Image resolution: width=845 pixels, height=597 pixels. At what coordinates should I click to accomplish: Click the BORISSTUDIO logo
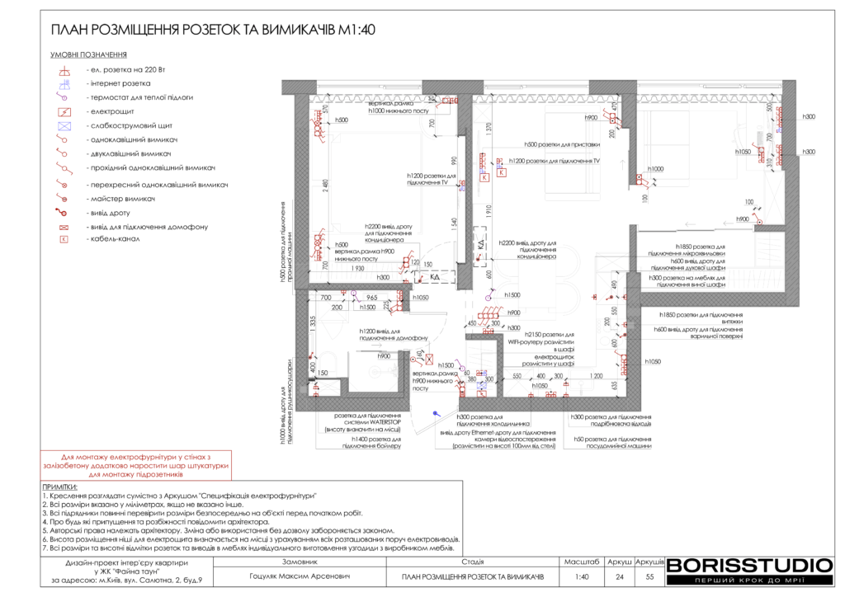pyautogui.click(x=749, y=566)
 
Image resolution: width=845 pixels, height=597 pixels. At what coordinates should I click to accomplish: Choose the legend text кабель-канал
pyautogui.click(x=118, y=240)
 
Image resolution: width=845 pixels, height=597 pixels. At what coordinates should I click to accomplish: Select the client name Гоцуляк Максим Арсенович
pyautogui.click(x=299, y=577)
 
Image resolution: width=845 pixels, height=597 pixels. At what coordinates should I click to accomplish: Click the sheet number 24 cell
pyautogui.click(x=619, y=577)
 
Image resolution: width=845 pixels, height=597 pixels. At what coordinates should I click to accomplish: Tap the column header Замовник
pyautogui.click(x=299, y=562)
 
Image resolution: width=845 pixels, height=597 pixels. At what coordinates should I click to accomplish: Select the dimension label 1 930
pyautogui.click(x=356, y=269)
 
